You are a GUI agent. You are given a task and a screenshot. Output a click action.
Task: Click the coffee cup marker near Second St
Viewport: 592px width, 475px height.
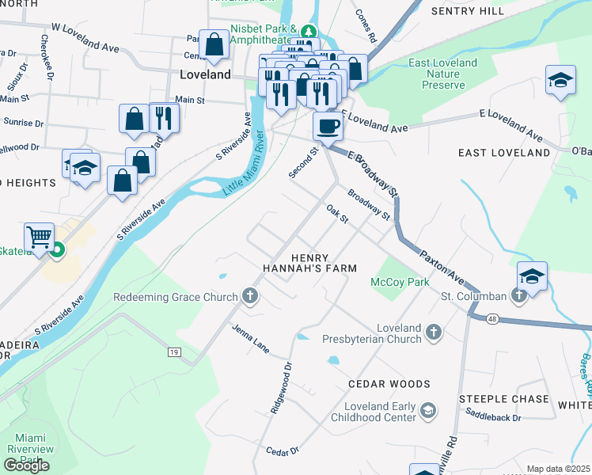[328, 125]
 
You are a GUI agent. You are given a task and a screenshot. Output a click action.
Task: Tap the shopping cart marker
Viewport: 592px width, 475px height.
[39, 236]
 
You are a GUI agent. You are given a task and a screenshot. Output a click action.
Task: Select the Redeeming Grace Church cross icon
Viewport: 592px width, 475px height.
[250, 297]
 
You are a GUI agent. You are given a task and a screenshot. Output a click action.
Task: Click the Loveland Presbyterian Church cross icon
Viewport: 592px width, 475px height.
[433, 332]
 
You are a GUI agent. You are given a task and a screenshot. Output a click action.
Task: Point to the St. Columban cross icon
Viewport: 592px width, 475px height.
[518, 296]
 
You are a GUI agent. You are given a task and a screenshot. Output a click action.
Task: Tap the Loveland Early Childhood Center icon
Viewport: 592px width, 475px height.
[427, 409]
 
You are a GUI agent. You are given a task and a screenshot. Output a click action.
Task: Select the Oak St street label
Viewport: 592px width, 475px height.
[338, 214]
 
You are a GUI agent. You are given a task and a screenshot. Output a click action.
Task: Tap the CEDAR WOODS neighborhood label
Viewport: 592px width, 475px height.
[389, 384]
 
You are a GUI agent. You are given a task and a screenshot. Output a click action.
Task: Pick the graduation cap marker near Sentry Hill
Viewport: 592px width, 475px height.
[560, 80]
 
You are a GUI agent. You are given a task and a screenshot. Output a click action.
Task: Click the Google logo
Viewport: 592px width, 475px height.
[26, 465]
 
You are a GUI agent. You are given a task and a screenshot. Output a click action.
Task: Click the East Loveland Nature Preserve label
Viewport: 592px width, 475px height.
[442, 74]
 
